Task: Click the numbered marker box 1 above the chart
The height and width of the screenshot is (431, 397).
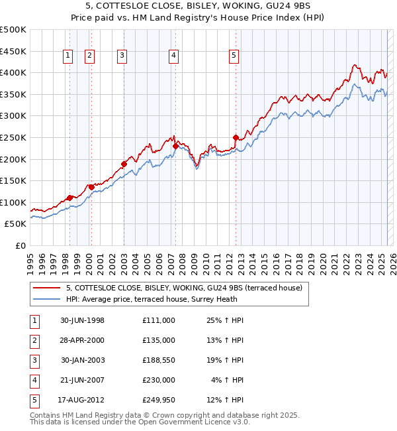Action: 69,56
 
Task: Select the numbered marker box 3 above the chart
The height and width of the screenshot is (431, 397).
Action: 122,56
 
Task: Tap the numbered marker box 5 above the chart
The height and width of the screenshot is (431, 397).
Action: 234,56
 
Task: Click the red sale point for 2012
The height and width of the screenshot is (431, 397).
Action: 236,137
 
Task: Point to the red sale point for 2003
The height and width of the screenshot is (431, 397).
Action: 124,164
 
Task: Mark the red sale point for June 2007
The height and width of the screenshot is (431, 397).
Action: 175,146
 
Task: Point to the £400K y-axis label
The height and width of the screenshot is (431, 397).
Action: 13,72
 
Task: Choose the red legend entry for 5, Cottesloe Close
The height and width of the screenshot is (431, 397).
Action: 184,288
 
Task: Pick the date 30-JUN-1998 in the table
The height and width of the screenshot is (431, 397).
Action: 83,320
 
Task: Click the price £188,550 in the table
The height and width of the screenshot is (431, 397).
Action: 158,360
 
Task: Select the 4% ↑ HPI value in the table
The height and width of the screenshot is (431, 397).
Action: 228,380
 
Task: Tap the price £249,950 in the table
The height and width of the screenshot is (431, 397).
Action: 158,400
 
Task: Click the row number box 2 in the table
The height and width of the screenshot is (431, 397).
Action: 34,340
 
